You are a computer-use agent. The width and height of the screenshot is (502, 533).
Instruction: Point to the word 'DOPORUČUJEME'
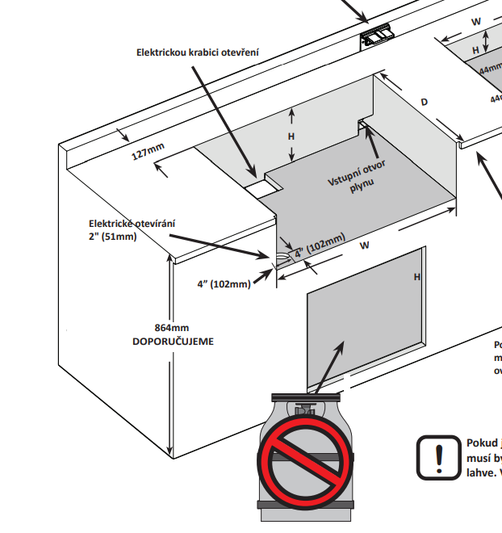point(174,342)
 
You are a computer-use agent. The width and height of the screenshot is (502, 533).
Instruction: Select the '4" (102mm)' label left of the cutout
point(223,283)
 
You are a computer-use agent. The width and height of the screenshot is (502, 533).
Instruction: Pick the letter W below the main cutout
point(365,245)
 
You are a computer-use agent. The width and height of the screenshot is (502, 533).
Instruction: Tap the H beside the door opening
point(417,277)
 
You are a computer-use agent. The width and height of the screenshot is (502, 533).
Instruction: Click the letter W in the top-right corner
point(476,21)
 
